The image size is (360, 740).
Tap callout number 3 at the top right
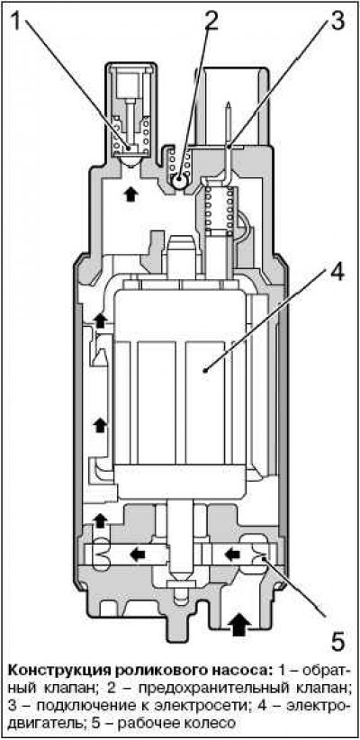336,20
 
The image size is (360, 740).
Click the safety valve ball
180,181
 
